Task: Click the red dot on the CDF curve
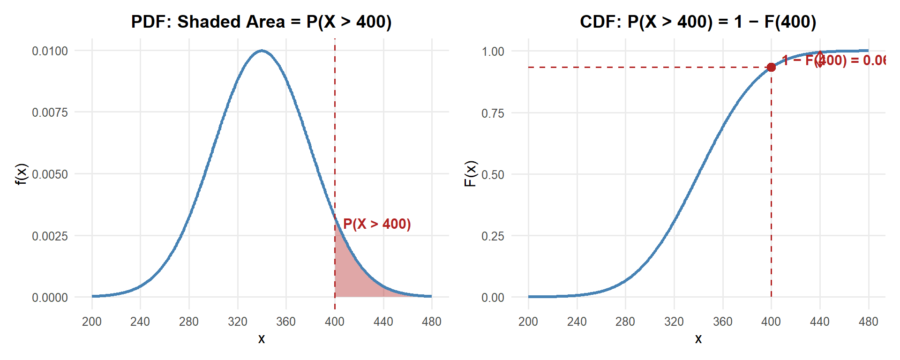click(x=771, y=67)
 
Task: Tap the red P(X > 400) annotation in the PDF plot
click(x=377, y=224)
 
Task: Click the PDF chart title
click(x=261, y=22)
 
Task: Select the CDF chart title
click(x=698, y=22)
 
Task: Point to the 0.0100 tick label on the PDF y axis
click(x=50, y=51)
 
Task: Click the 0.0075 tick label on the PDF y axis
click(x=50, y=112)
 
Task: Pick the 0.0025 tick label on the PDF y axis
click(x=50, y=236)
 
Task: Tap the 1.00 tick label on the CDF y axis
click(x=493, y=51)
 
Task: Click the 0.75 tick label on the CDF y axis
click(x=493, y=113)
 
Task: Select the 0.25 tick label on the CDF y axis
click(x=493, y=236)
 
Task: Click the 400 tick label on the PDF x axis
click(x=335, y=322)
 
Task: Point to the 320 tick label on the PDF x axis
click(x=238, y=322)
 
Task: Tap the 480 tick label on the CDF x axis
click(x=868, y=322)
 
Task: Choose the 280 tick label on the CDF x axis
click(x=625, y=322)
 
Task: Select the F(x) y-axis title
click(x=470, y=174)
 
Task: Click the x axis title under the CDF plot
click(x=698, y=339)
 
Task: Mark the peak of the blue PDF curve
click(x=262, y=51)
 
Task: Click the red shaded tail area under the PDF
click(x=352, y=277)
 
